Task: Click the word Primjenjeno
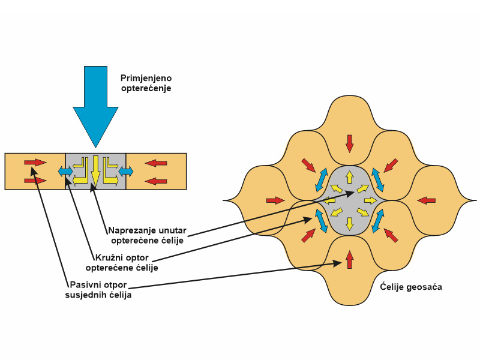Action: point(146,79)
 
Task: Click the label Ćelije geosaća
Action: point(411,287)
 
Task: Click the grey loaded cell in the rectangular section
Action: point(95,172)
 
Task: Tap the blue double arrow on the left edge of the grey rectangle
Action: point(65,172)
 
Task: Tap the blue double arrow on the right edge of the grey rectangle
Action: point(126,172)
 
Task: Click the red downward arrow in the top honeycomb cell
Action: point(349,143)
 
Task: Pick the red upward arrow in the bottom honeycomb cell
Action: point(349,260)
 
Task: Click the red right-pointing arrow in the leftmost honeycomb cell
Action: point(275,200)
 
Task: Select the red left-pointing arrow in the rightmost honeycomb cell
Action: point(426,200)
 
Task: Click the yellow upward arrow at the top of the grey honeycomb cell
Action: point(349,177)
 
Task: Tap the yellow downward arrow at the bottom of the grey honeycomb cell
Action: point(349,224)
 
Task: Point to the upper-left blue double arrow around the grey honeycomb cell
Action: point(321,181)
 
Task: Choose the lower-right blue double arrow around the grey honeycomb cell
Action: point(378,221)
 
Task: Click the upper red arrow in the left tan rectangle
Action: point(35,162)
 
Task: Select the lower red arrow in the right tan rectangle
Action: point(156,181)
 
